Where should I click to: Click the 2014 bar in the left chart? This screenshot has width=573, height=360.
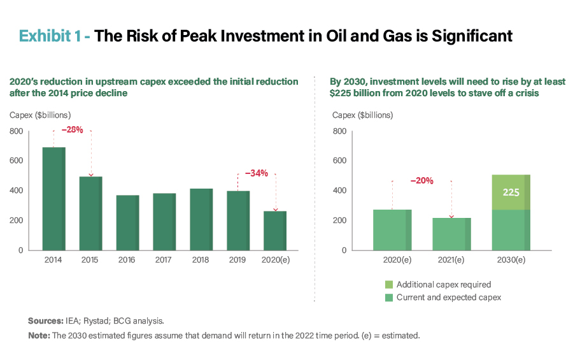pos(53,198)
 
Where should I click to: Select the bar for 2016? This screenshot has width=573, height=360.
pos(127,222)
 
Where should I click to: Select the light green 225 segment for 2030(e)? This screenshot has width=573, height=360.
pos(511,192)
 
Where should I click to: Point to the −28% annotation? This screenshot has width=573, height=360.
pos(73,130)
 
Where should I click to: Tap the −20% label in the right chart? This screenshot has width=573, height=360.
pos(421,180)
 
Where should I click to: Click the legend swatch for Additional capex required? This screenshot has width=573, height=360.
pos(388,285)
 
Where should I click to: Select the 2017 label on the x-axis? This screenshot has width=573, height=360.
pos(164,260)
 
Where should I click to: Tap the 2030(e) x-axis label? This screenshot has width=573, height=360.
pos(511,260)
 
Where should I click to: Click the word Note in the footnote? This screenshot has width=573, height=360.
pos(38,335)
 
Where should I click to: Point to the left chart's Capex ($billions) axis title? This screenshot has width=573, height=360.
pos(39,115)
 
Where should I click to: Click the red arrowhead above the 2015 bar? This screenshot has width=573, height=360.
pos(90,175)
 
